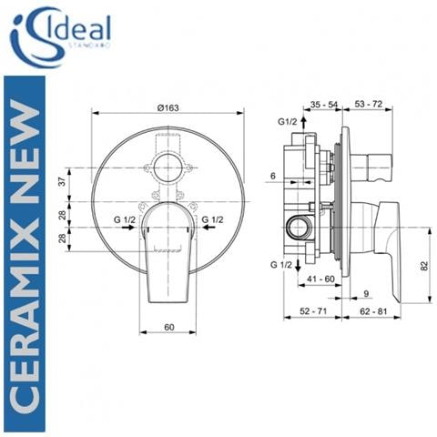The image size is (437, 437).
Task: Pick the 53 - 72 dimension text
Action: [x=368, y=107]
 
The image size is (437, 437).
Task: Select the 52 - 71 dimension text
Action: [x=314, y=312]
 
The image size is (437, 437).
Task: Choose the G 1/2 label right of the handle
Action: [x=214, y=219]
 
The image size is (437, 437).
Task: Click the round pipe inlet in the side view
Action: [x=297, y=224]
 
